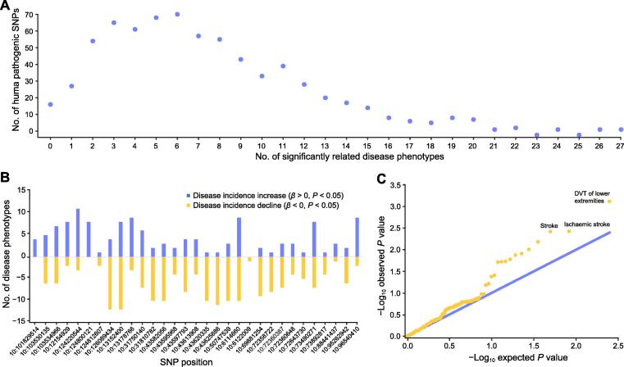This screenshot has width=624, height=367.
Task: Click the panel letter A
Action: coord(7,7)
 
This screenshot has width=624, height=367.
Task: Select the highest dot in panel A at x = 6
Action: coord(177,14)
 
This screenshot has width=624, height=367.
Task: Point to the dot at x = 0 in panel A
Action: coord(50,104)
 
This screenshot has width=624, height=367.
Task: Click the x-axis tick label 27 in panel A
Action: coord(622,145)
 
